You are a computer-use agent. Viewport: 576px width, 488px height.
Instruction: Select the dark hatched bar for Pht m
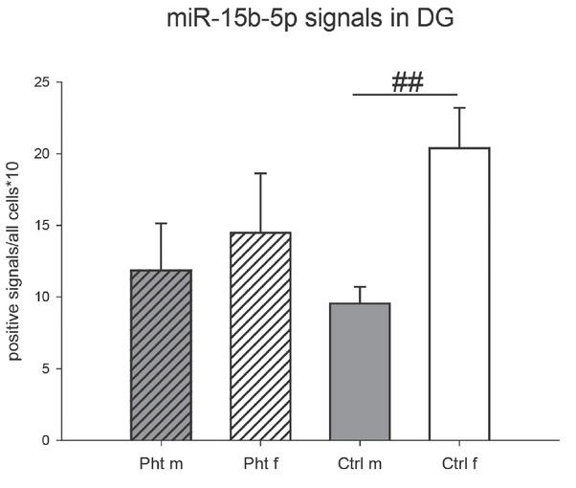162,355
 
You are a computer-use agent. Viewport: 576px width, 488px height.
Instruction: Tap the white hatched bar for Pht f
260,336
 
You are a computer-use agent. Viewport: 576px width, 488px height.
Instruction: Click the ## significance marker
408,81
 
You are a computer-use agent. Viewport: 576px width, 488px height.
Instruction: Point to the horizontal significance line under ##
406,95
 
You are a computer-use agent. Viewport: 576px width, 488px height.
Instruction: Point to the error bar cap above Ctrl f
459,108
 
